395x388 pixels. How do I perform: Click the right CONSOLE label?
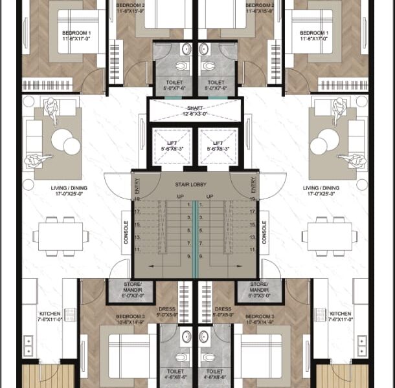point(264,232)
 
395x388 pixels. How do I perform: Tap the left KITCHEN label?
point(50,314)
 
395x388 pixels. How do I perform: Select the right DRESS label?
point(223,309)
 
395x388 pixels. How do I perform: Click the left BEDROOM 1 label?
point(76,32)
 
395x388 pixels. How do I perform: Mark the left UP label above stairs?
point(181,196)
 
